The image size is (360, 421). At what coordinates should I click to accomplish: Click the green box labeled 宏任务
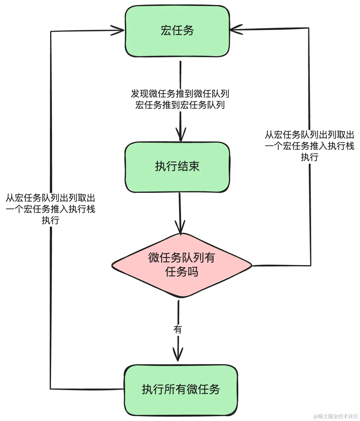point(177,31)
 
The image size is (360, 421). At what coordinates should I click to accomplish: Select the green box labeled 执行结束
point(177,167)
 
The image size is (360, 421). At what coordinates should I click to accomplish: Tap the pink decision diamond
point(182,265)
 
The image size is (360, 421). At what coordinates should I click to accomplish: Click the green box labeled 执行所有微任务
point(181,390)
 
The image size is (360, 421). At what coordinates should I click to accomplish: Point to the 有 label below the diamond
point(178,329)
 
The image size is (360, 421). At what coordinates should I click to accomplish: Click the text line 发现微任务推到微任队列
point(180,94)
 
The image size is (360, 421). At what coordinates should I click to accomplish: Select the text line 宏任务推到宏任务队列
point(180,105)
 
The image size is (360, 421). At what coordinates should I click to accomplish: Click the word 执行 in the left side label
point(51,220)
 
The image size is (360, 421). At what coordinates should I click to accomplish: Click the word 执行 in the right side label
point(309,157)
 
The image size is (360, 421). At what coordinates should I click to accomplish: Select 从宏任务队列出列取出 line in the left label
point(51,198)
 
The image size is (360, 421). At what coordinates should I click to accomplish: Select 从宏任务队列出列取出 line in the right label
point(309,135)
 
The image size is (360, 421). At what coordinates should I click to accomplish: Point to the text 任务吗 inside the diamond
point(182,272)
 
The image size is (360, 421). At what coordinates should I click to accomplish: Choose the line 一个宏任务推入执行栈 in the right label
point(309,146)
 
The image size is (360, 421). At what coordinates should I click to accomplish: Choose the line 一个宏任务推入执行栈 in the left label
point(51,209)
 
